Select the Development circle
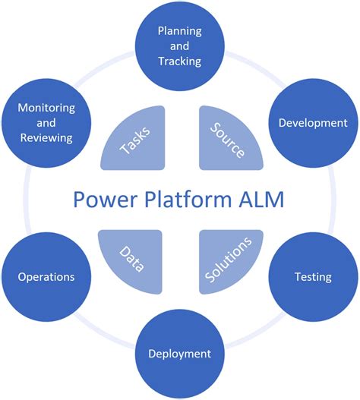pyautogui.click(x=313, y=123)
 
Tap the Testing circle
pyautogui.click(x=313, y=277)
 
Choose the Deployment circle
pyautogui.click(x=179, y=354)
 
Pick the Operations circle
pyautogui.click(x=46, y=277)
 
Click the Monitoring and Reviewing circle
pyautogui.click(x=46, y=123)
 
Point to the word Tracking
pyautogui.click(x=179, y=61)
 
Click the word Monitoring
pyautogui.click(x=46, y=108)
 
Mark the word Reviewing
pyautogui.click(x=46, y=138)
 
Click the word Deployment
pyautogui.click(x=179, y=354)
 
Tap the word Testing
pyautogui.click(x=313, y=277)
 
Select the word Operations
pyautogui.click(x=46, y=277)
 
